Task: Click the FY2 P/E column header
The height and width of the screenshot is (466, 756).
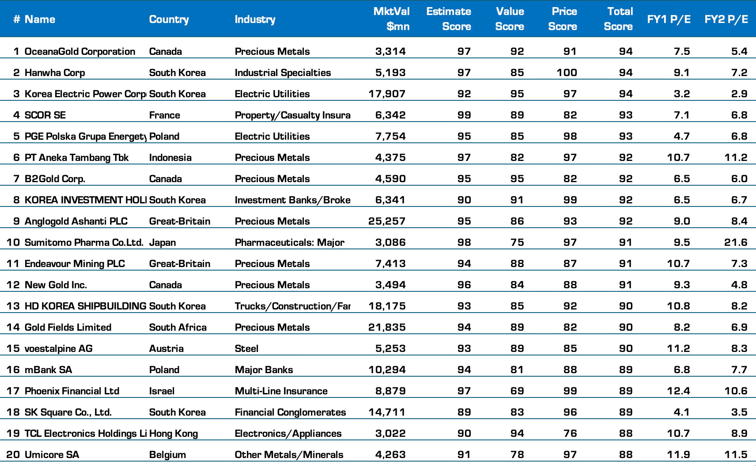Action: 726,19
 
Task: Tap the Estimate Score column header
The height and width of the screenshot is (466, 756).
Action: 448,19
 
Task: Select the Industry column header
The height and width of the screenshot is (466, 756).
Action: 255,19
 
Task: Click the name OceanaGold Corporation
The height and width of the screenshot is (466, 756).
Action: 79,51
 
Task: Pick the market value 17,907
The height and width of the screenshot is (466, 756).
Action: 387,94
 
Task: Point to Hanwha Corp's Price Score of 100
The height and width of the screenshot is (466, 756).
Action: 567,73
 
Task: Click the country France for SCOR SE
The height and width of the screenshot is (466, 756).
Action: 164,115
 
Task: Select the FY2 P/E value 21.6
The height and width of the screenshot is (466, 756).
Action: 736,242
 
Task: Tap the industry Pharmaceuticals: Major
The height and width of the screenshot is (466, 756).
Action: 289,242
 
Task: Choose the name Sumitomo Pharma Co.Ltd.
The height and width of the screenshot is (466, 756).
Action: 84,242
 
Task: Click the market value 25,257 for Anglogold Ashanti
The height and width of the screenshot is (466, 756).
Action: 387,221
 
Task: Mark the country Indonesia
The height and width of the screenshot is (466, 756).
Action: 170,157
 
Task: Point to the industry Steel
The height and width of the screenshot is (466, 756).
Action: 246,348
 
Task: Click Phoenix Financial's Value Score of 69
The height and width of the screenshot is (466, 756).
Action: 517,391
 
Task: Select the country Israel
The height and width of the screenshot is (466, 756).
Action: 162,391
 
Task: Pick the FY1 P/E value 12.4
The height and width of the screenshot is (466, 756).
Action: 678,391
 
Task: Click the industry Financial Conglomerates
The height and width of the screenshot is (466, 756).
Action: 290,412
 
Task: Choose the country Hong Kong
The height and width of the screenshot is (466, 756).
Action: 173,433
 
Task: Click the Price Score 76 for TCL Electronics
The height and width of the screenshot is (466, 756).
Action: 570,433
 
